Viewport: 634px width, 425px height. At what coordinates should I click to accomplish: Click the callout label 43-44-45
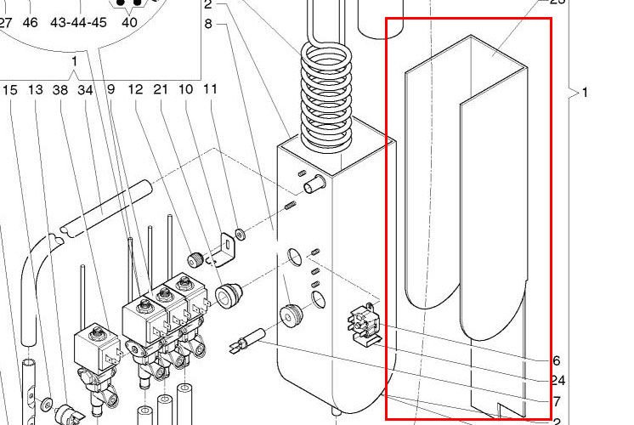(78, 23)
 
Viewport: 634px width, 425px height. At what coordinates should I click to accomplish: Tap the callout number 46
(30, 23)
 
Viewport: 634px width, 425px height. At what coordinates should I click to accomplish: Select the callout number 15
(10, 89)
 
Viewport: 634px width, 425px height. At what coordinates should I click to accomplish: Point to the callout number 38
(59, 89)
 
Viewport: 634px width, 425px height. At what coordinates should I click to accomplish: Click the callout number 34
(85, 89)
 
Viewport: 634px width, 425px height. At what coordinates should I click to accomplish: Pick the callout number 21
(161, 89)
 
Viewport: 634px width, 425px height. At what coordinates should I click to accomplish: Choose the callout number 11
(211, 89)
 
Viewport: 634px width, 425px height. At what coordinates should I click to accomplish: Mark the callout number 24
(558, 380)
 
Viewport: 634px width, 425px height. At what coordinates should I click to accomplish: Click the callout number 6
(557, 360)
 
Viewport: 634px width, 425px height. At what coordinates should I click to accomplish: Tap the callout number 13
(35, 89)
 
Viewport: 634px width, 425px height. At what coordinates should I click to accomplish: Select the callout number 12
(135, 89)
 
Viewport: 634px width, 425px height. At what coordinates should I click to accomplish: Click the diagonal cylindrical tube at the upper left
(106, 207)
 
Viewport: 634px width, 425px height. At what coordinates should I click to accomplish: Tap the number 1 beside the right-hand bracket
(585, 93)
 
